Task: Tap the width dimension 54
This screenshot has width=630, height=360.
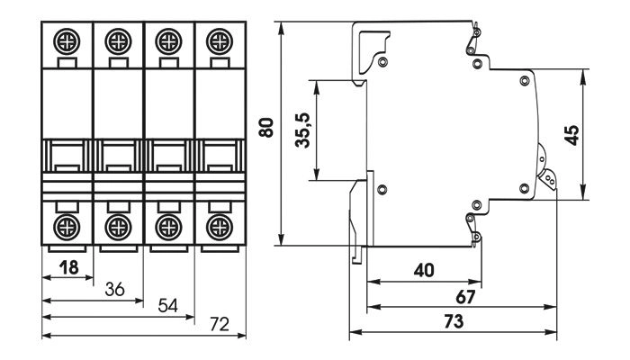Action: pos(168,306)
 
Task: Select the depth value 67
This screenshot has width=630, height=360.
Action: pos(465,296)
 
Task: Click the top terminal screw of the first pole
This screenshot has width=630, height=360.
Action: pos(67,40)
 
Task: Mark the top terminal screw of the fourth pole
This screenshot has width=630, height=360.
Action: pos(217,40)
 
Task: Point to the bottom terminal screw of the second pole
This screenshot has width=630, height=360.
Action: pos(116,224)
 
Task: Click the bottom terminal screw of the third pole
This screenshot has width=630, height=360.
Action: pos(166,224)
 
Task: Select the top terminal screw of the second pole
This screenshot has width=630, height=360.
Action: pos(116,40)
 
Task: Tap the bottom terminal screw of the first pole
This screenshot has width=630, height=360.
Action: pos(67,224)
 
